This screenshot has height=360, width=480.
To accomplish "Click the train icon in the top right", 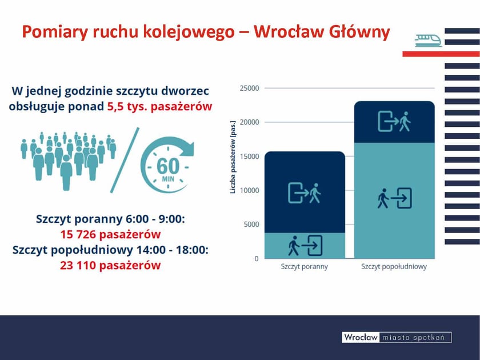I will tap(428, 40).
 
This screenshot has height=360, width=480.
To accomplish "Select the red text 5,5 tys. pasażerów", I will tap(159, 106).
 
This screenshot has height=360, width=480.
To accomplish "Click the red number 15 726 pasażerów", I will tap(110, 234).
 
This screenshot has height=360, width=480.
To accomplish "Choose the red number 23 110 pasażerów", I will tap(110, 265).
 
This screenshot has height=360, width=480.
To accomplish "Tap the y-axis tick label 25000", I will tap(249, 89).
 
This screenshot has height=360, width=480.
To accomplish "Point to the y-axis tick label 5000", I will tap(250, 225).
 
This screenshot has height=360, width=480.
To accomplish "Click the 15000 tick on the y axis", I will tap(249, 157).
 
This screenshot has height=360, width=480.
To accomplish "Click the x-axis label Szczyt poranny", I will tap(305, 267).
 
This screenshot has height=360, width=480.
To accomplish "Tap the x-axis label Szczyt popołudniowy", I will tap(394, 267).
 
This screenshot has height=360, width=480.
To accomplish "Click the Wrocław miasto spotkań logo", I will tap(397, 337).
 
